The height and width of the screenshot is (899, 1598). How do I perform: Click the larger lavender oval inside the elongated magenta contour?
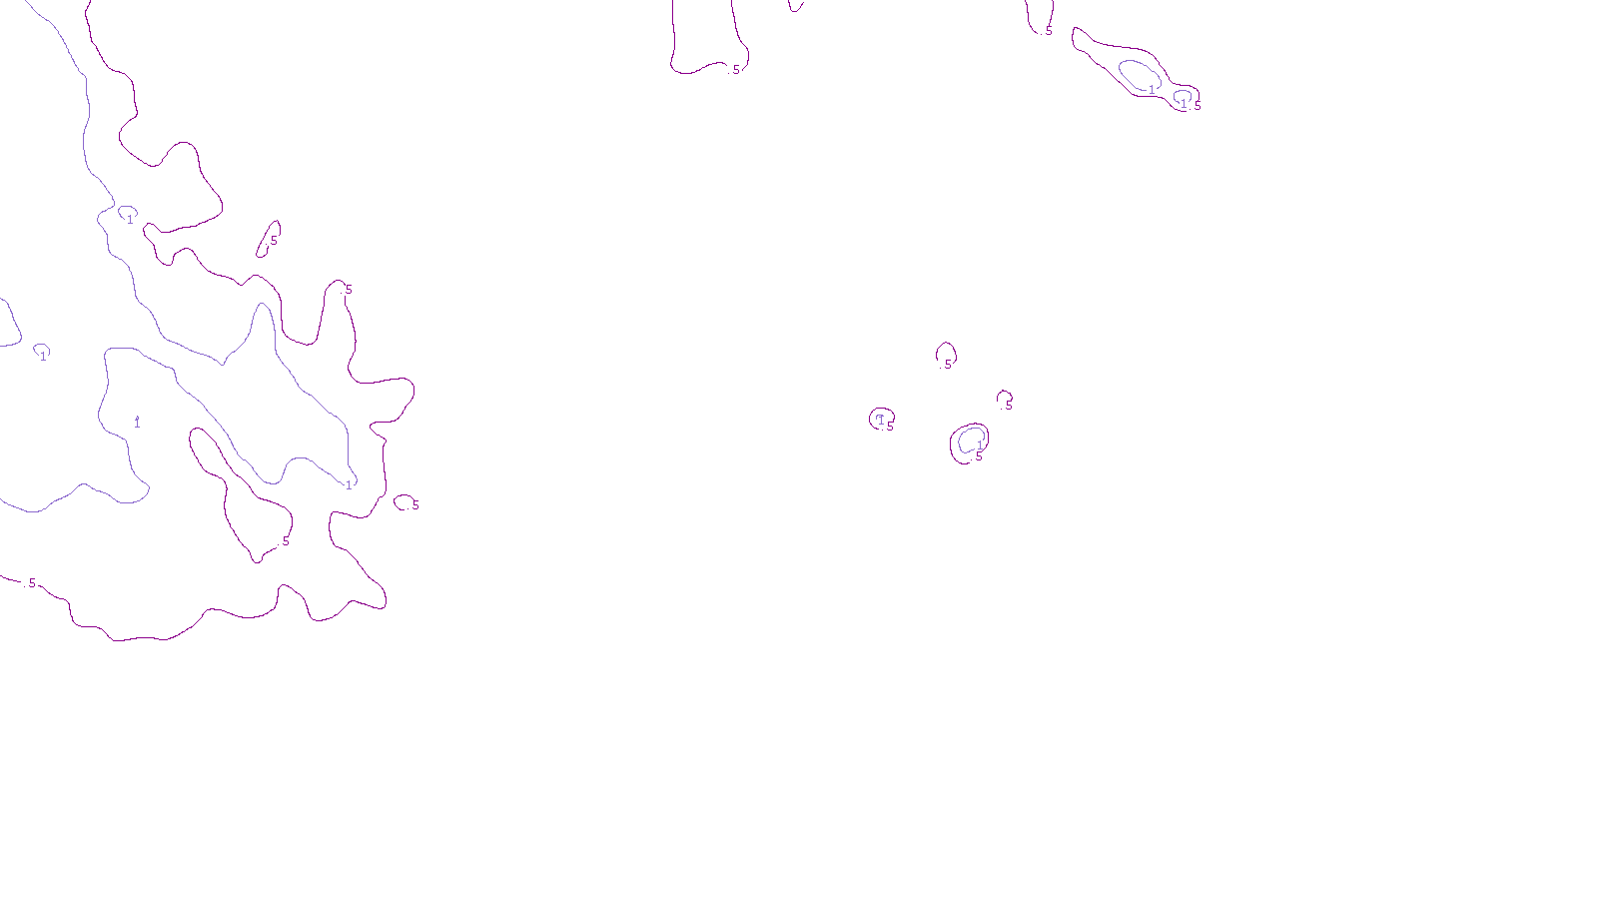(x=1139, y=74)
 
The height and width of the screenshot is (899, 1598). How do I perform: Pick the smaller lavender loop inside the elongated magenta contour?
(x=1183, y=97)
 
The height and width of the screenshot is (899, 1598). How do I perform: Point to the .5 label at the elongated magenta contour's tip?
(x=1197, y=105)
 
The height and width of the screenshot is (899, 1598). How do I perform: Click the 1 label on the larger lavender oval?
(x=1152, y=90)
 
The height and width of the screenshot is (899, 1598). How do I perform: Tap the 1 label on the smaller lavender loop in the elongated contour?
(x=1184, y=104)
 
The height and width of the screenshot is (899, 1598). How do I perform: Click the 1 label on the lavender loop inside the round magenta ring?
(x=980, y=446)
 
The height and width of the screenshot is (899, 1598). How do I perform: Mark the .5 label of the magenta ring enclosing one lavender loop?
(x=979, y=456)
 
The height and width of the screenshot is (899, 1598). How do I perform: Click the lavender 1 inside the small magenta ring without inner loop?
(x=880, y=420)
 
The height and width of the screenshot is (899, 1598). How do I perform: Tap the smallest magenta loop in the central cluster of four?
(x=1004, y=399)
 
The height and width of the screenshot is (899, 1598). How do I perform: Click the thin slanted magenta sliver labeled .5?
(x=270, y=239)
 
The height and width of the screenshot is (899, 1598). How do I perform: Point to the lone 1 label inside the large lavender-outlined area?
(x=137, y=423)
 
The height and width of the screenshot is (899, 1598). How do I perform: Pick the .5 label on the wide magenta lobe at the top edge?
(x=736, y=70)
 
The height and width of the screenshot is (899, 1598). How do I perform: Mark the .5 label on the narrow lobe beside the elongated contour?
(x=1049, y=31)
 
